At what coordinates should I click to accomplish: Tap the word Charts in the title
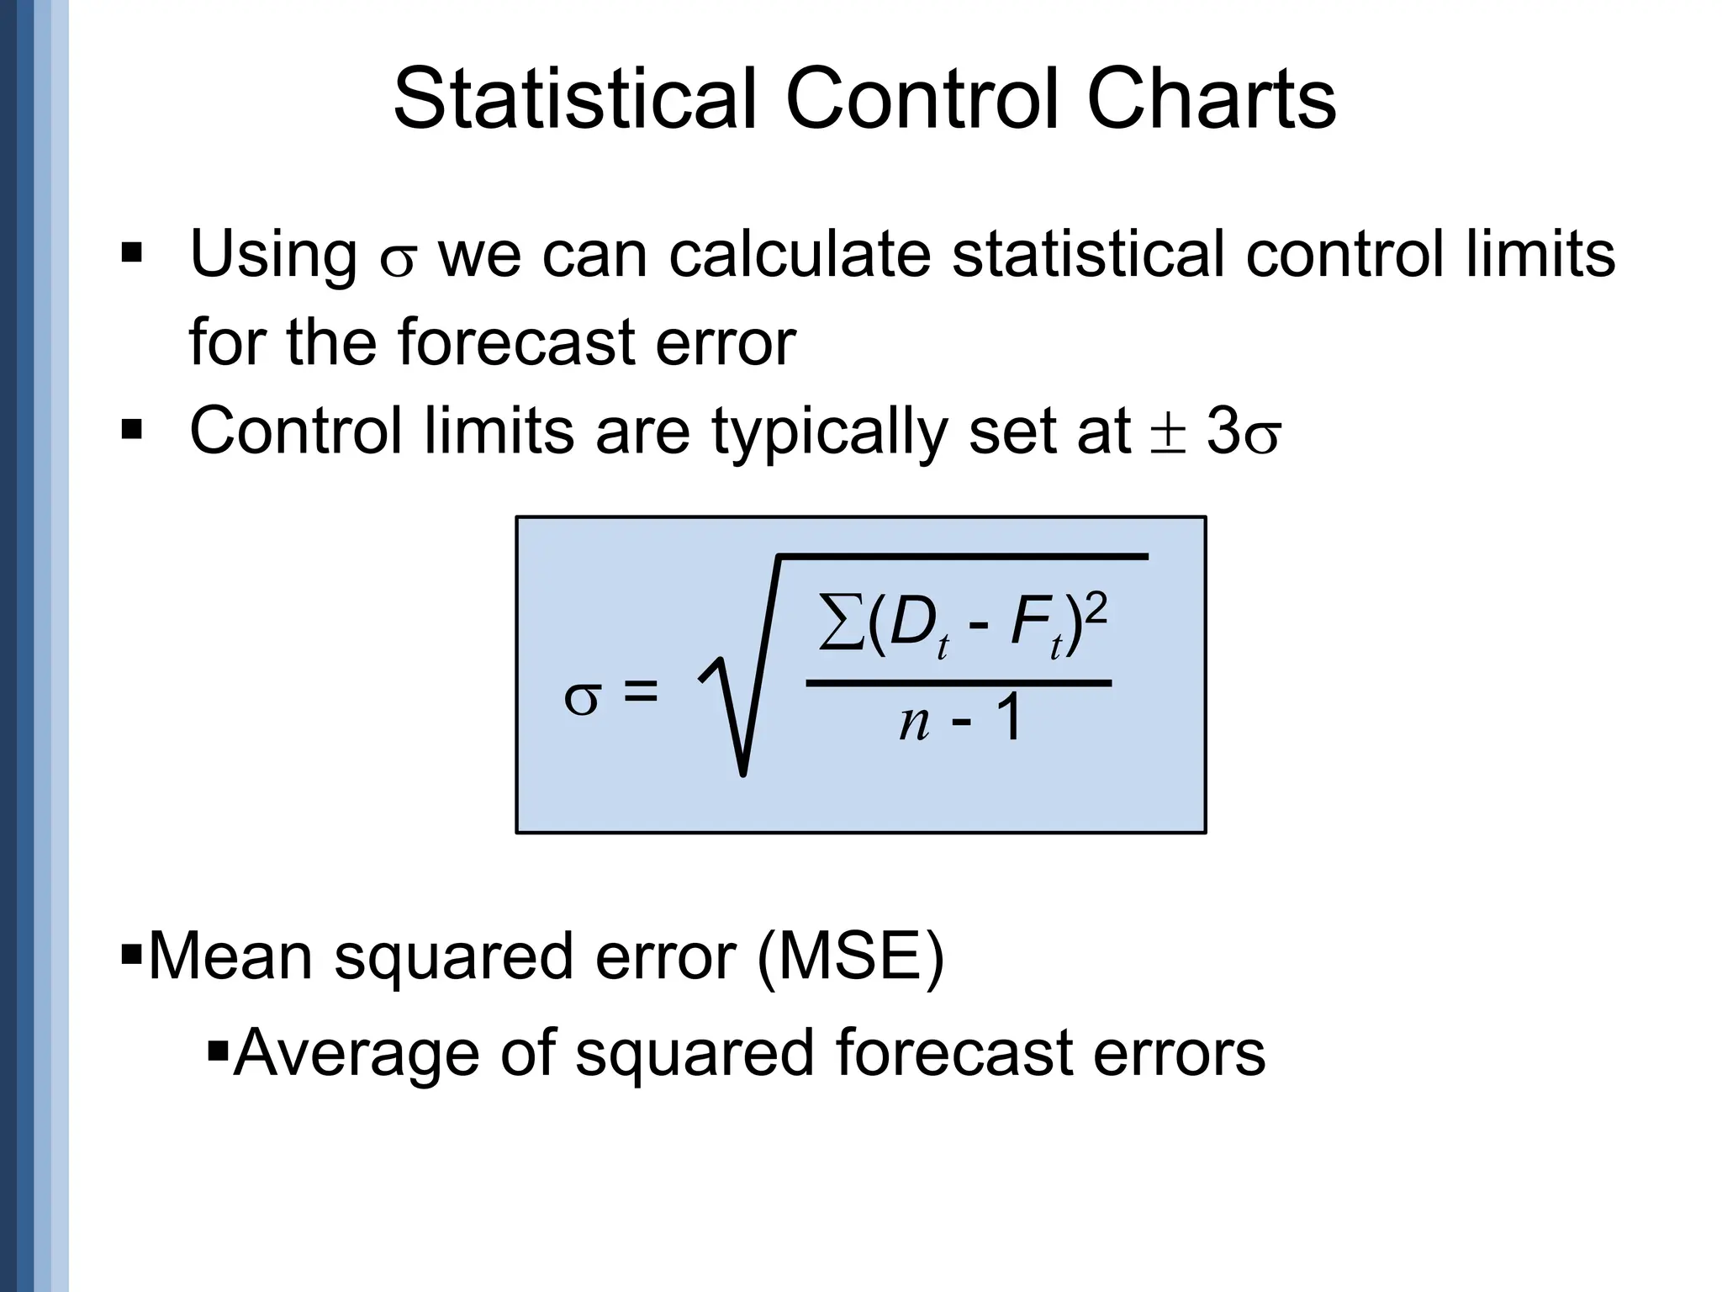click(1210, 100)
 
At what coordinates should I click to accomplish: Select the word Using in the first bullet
click(274, 255)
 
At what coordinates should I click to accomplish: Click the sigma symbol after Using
click(398, 262)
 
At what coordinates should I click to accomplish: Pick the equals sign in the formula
click(640, 694)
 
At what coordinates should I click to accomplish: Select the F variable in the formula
click(1030, 624)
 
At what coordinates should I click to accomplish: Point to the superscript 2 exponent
click(1096, 606)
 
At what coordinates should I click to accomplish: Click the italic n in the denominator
click(915, 723)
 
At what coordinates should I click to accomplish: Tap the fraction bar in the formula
click(959, 683)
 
